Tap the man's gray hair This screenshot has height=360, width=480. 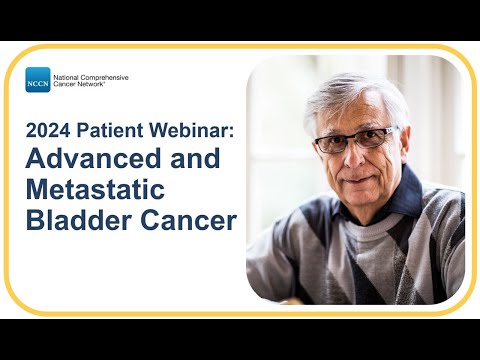(350, 92)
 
